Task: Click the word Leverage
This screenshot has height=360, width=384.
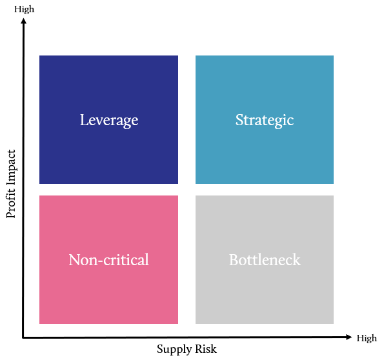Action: [109, 120]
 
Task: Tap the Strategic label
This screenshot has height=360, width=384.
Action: [265, 120]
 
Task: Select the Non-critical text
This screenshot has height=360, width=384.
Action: [108, 259]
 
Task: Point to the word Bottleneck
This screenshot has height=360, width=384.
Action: [265, 259]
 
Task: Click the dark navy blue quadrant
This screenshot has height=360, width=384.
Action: [108, 119]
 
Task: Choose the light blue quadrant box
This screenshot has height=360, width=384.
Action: [265, 119]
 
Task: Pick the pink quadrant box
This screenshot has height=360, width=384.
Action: [108, 259]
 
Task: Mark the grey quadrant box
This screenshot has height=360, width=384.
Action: [265, 259]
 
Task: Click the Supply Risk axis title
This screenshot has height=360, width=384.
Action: [187, 349]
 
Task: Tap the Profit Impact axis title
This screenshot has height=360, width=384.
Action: [11, 184]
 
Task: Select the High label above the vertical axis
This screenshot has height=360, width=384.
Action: [24, 9]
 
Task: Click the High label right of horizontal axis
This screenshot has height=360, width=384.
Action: [367, 338]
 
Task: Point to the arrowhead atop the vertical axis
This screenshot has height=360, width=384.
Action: [23, 21]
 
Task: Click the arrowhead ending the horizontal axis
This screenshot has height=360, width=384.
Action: [349, 337]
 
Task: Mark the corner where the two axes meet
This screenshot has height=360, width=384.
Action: [23, 337]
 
